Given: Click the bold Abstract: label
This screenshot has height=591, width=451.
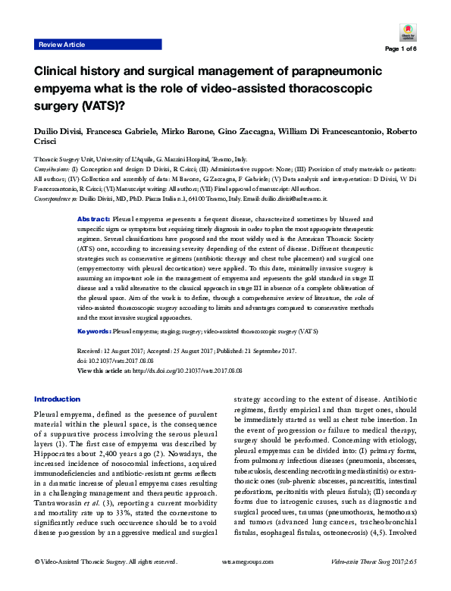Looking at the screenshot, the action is coord(94,219).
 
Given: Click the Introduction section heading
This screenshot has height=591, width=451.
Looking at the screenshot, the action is coord(57,399).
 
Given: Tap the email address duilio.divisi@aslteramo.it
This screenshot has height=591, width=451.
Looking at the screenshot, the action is coord(293,199).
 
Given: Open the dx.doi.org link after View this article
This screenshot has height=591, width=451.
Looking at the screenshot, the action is coord(199,371).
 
